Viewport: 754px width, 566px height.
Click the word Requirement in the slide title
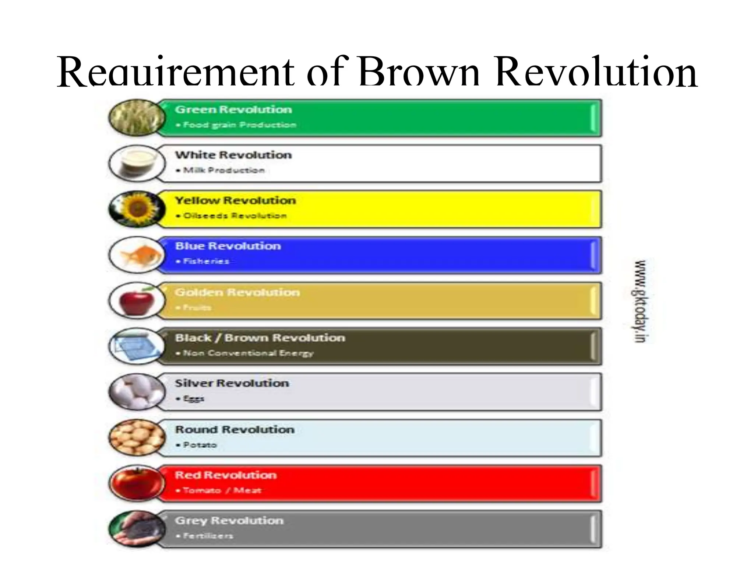click(175, 72)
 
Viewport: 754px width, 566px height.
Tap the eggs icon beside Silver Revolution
click(137, 392)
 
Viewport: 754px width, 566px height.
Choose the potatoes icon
click(137, 438)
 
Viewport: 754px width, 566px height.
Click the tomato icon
click(137, 483)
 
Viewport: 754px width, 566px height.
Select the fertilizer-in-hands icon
click(137, 529)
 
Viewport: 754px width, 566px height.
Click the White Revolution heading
click(233, 155)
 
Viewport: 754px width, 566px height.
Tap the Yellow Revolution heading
click(235, 200)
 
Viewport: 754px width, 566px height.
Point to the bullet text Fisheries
click(206, 261)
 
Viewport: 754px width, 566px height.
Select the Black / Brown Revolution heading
click(260, 338)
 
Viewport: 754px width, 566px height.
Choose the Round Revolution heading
click(235, 429)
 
